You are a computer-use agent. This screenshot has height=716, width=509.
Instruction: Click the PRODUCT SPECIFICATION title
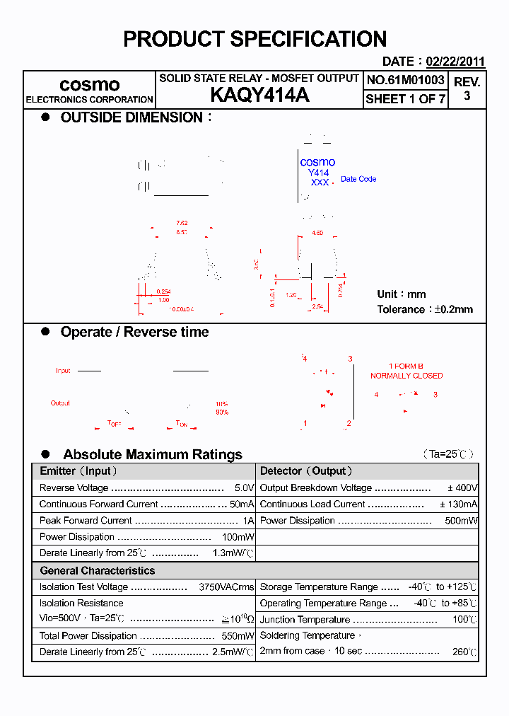[255, 39]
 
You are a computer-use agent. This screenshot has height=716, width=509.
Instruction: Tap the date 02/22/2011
[455, 62]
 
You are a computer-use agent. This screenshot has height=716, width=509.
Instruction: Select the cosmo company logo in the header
[89, 85]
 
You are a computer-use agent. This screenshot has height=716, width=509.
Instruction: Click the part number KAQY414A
[259, 96]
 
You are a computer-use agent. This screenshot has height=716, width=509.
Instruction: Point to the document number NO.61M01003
[405, 80]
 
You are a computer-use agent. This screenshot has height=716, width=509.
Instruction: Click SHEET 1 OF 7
[405, 99]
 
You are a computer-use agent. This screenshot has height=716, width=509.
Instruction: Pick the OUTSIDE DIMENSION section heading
[131, 117]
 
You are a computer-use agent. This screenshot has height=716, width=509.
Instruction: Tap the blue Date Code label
[358, 180]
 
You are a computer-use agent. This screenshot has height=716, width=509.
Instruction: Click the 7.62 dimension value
[182, 223]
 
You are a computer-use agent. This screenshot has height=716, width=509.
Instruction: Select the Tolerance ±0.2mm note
[425, 309]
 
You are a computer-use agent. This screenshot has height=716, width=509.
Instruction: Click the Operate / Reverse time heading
[134, 332]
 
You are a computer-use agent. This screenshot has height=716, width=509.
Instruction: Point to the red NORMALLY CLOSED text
[406, 376]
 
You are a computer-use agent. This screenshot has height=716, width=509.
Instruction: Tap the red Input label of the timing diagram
[63, 371]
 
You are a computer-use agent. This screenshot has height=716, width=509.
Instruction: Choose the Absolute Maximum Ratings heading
[152, 454]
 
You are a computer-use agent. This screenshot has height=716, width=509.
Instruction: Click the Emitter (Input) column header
[78, 471]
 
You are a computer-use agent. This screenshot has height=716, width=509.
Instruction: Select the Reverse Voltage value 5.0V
[244, 488]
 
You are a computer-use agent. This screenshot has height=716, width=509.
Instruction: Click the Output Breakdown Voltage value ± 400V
[462, 488]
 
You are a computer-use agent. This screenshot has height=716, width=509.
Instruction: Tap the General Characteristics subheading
[97, 570]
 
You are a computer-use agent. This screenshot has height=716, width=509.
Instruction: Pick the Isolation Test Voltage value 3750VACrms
[226, 587]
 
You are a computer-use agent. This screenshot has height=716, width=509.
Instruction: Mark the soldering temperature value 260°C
[464, 652]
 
